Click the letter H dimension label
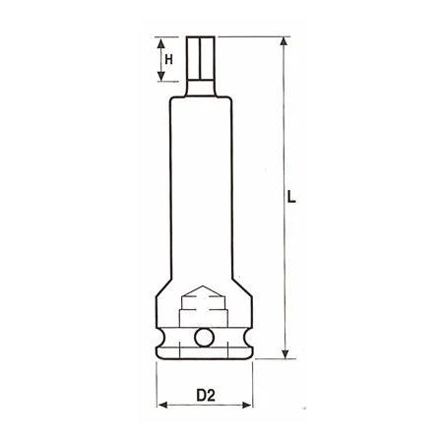169,61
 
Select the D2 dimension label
205,398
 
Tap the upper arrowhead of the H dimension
158,41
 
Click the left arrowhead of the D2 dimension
160,404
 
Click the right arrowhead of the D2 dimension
252,404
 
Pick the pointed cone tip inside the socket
205,292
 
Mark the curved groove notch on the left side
162,340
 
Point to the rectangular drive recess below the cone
205,315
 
